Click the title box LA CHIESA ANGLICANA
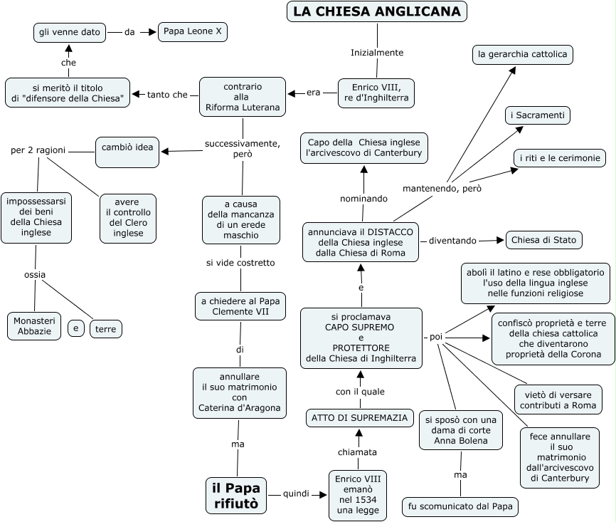point(377,11)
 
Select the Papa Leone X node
point(192,31)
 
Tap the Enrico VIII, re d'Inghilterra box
point(376,93)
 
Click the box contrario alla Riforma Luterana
point(243,97)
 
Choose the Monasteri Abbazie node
point(34,325)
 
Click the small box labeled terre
point(105,329)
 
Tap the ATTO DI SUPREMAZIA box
point(360,418)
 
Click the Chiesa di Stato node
point(544,240)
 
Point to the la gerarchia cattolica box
point(523,54)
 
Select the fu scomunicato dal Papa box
point(460,507)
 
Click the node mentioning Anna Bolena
point(460,430)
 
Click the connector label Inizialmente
point(377,53)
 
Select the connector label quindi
point(295,494)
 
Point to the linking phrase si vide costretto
point(240,263)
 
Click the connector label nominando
point(363,198)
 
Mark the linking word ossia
point(35,274)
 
